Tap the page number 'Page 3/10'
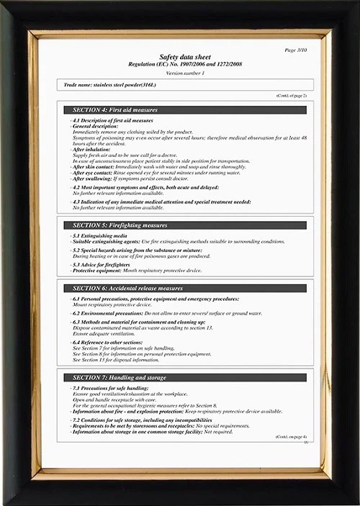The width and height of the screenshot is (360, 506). (296, 50)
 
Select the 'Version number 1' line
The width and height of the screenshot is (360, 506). (185, 73)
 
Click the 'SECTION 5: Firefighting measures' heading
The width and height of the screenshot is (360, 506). (120, 225)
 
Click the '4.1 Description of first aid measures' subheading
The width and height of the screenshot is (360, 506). (112, 120)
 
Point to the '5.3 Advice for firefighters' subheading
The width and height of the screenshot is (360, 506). (103, 265)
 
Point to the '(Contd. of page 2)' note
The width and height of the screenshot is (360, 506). (291, 96)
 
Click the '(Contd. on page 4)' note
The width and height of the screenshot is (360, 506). (291, 437)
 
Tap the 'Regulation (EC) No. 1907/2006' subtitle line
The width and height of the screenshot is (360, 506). (186, 65)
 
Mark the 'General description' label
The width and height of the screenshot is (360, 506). (96, 126)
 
